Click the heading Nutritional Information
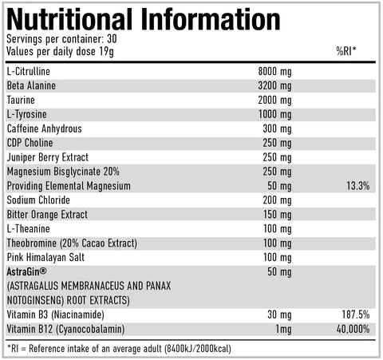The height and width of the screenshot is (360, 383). [x=144, y=18]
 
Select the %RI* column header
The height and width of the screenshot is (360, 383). [x=346, y=52]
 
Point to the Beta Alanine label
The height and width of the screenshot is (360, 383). [x=31, y=85]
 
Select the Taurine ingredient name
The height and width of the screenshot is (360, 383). [x=22, y=100]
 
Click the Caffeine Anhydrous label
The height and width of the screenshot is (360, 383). [x=44, y=129]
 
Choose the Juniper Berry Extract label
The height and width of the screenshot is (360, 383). [x=48, y=157]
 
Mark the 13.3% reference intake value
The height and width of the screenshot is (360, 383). [x=358, y=186]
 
